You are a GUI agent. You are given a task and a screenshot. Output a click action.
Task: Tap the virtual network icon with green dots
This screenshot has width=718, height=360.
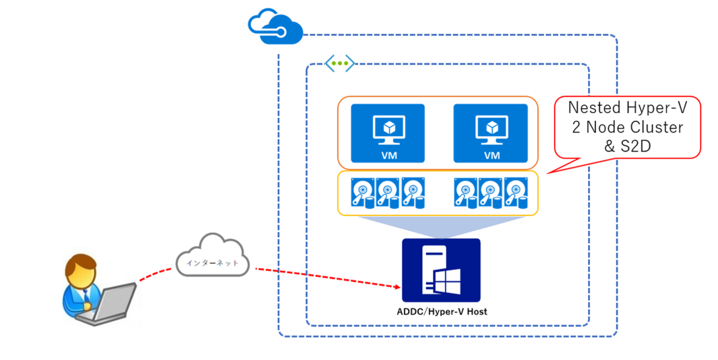tap(339, 63)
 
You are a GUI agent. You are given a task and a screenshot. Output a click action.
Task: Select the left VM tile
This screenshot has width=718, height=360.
tap(387, 133)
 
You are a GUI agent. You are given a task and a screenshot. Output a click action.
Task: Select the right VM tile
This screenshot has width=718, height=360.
tap(490, 133)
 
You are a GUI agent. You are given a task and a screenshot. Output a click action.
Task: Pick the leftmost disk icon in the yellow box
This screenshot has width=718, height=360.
tap(362, 193)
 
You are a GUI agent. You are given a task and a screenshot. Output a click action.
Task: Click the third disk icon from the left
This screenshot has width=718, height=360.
tap(414, 193)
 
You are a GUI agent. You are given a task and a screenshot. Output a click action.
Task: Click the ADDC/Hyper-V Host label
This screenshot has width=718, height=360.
tap(442, 312)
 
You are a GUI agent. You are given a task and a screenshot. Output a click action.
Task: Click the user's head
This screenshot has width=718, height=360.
tap(81, 269)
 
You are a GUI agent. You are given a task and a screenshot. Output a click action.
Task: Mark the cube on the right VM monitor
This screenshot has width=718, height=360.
tap(490, 128)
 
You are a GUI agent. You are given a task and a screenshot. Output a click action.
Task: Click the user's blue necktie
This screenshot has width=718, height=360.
tap(86, 299)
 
